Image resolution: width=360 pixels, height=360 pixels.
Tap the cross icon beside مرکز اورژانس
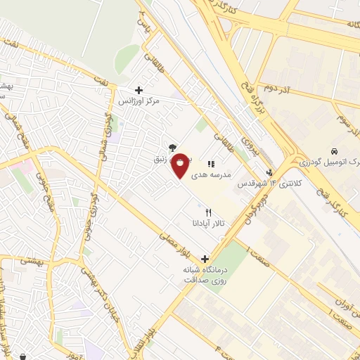(x=139, y=90)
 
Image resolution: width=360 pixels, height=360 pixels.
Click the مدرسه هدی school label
(x=226, y=172)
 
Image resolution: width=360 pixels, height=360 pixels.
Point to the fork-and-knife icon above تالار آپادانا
(x=207, y=212)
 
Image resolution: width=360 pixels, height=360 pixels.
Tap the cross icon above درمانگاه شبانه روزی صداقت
(x=205, y=259)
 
